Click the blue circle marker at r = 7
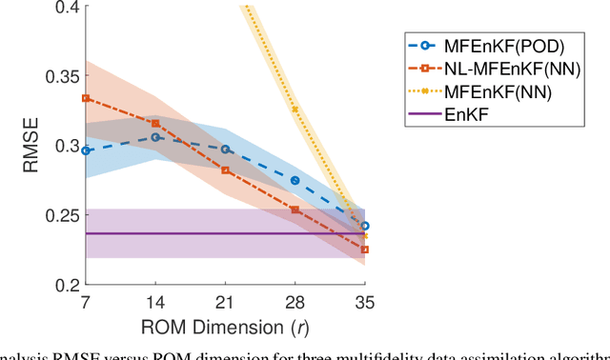[86, 150]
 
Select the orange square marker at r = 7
[86, 98]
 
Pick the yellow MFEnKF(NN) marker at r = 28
[295, 110]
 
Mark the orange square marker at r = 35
[365, 250]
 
